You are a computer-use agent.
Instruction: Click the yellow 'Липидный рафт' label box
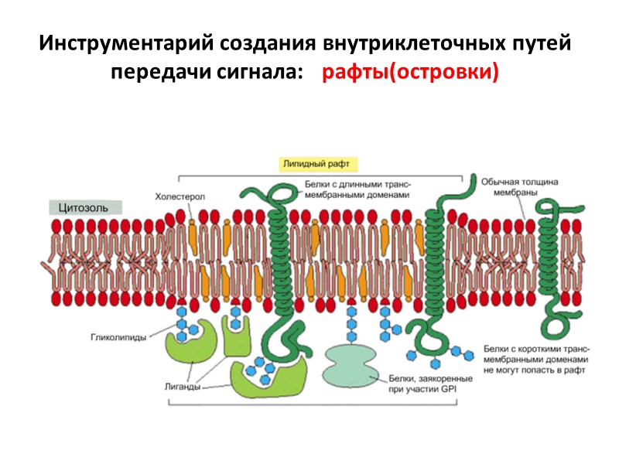coord(317,164)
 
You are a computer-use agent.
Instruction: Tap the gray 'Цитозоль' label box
coord(84,207)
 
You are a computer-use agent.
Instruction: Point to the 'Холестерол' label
coord(180,197)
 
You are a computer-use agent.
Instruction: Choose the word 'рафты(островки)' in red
coord(410,72)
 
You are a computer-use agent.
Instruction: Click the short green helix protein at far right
coord(555,255)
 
